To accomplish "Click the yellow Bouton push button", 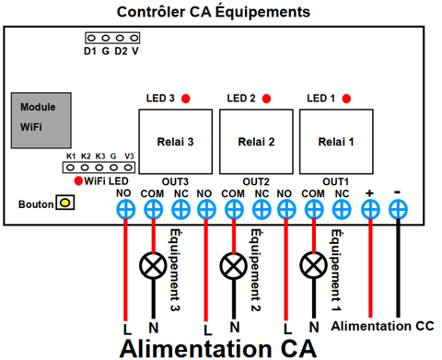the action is click(65, 203).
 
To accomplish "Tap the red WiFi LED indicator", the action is click(78, 180).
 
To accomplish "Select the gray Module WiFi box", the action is click(41, 121).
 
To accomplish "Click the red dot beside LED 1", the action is click(346, 99).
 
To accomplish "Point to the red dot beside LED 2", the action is click(266, 99).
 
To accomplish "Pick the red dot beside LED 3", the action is click(186, 99).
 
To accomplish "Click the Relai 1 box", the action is click(336, 142).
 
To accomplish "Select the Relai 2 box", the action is click(256, 142).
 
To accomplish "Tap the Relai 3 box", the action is click(176, 142).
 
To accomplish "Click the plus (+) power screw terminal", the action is click(370, 210).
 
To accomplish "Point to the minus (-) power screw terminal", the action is click(398, 210).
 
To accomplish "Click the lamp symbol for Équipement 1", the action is click(313, 265).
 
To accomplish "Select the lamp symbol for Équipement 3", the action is click(153, 265).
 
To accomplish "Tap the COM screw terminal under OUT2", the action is click(234, 210).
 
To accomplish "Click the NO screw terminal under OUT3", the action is click(125, 210).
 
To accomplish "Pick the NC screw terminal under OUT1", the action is click(342, 210).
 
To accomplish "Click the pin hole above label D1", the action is click(91, 38).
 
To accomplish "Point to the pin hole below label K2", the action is click(85, 168).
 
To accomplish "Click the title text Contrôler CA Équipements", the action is click(214, 12).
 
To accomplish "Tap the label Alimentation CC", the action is click(382, 326).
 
